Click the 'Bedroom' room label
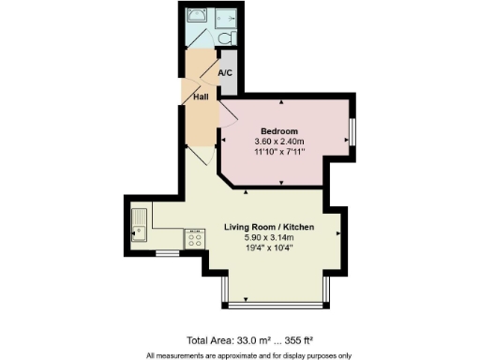279,130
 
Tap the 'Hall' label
201,97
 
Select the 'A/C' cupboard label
225,73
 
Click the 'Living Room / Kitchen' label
268,228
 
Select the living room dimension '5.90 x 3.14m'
268,239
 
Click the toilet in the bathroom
228,39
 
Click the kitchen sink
138,225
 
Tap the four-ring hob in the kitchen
197,239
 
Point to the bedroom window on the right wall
352,131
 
